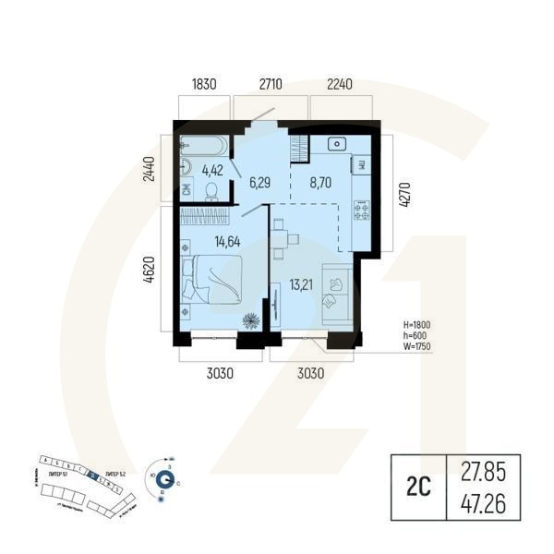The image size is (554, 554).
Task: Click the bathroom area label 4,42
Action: pos(212,170)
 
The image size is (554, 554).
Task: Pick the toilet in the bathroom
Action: pos(211,190)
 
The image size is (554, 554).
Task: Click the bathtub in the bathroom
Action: pos(202,145)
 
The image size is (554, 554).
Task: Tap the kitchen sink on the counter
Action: pos(336,144)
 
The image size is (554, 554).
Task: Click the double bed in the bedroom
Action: pos(216,279)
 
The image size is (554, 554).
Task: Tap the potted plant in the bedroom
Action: pos(250,320)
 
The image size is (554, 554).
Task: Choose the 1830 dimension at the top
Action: pos(204,84)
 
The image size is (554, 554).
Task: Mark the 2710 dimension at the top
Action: pos(270,84)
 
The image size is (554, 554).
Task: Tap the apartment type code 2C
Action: pos(419,489)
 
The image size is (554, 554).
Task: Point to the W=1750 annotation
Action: pos(417,347)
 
